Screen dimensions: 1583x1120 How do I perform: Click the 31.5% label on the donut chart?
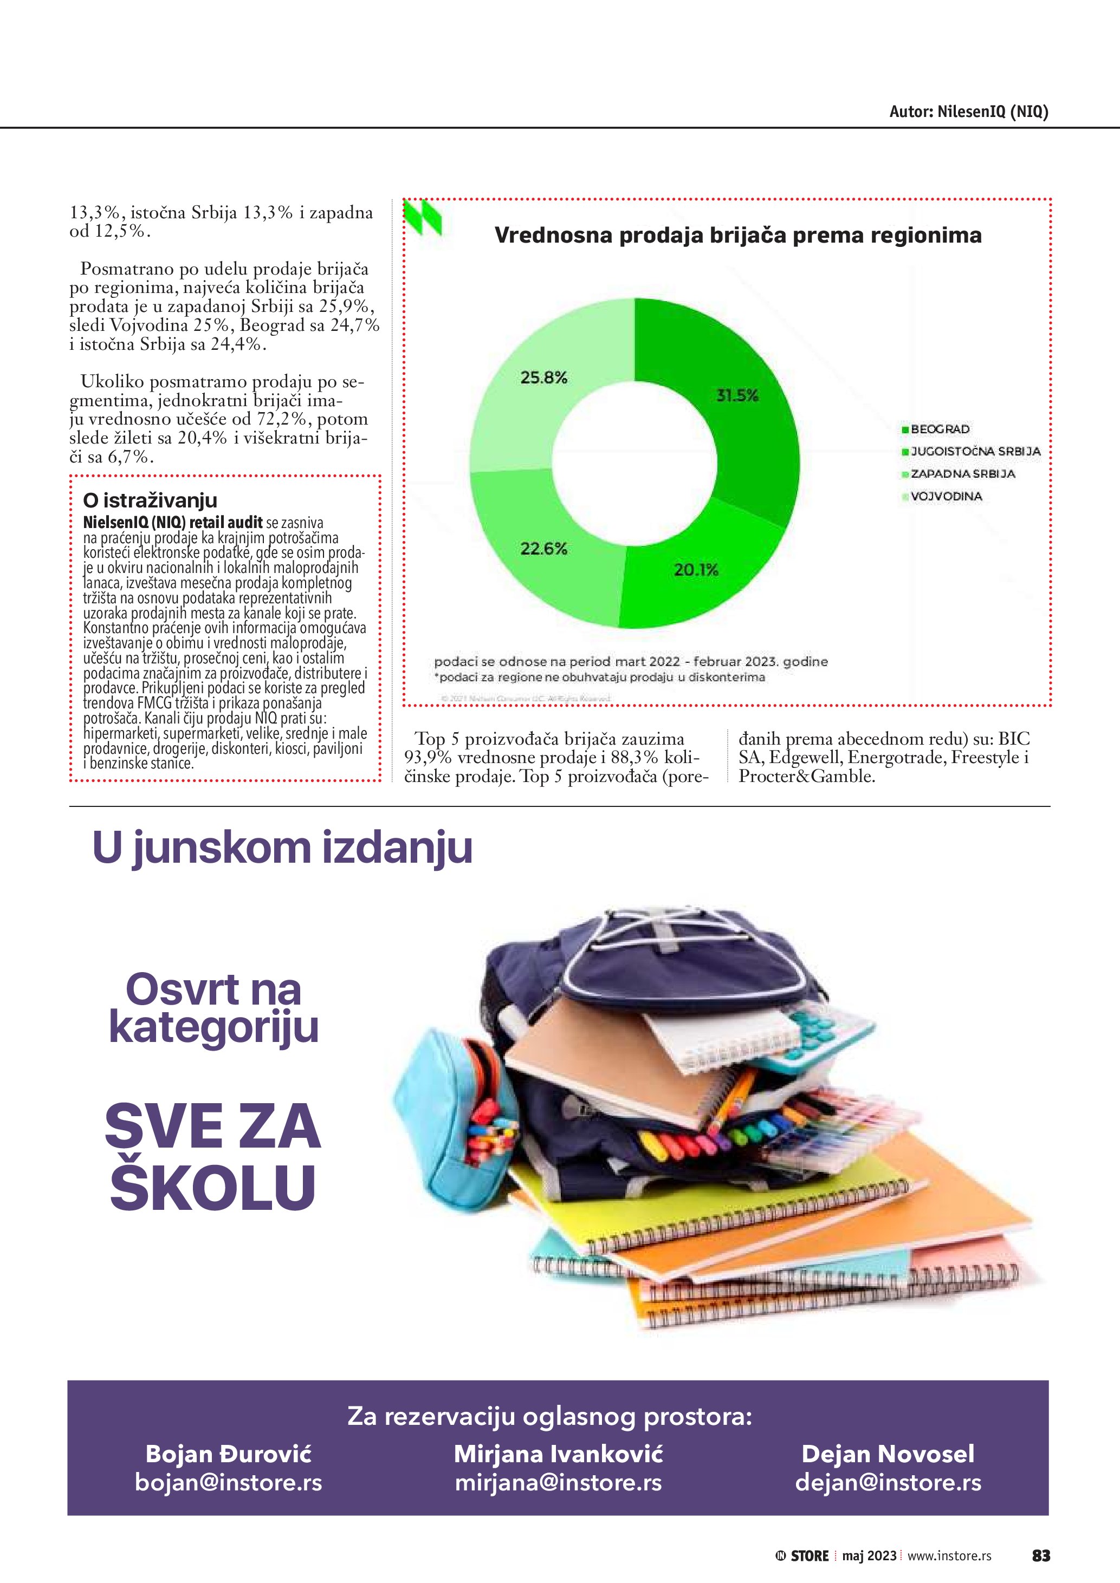point(737,396)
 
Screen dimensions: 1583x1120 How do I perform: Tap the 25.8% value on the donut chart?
point(543,378)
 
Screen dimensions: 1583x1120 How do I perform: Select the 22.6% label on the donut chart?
point(543,549)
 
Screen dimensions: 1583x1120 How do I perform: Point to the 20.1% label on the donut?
point(696,570)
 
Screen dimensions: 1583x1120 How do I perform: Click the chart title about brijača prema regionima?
point(738,235)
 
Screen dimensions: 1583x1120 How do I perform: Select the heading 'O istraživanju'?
point(150,500)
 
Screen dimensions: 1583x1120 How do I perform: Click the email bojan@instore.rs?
point(228,1482)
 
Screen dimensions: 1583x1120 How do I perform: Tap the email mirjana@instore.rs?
point(558,1482)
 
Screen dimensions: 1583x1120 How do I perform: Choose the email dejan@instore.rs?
point(888,1482)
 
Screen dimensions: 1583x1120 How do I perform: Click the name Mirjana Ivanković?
point(558,1454)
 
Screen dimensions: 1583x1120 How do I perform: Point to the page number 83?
point(1041,1555)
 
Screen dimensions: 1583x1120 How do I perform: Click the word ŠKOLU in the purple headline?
point(212,1187)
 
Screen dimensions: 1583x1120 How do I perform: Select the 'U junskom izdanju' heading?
point(282,848)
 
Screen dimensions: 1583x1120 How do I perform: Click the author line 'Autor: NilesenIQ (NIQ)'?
point(968,112)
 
